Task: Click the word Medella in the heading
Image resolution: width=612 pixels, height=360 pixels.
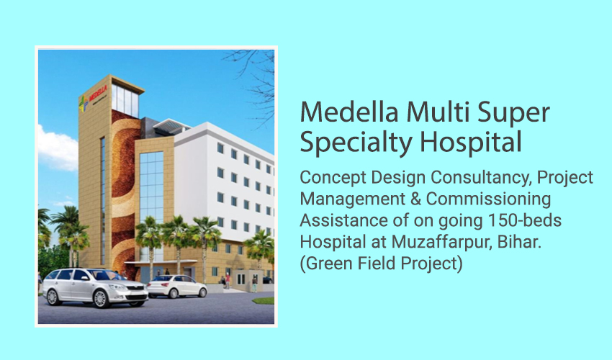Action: (x=349, y=112)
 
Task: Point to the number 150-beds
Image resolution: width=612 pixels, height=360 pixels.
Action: (x=525, y=220)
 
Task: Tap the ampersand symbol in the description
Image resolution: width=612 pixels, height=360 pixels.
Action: (x=415, y=199)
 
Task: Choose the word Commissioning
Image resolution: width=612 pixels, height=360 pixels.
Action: (x=488, y=200)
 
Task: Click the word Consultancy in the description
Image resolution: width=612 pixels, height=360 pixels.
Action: (x=482, y=179)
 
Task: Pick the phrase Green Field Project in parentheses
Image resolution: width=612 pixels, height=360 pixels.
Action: (x=381, y=264)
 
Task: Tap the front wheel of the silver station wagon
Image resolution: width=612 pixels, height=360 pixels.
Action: (x=100, y=299)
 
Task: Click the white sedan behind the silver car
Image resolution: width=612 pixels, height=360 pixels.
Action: (x=176, y=287)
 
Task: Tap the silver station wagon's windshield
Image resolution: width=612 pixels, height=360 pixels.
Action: (x=102, y=275)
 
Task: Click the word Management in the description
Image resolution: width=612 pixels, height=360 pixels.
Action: (x=353, y=200)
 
